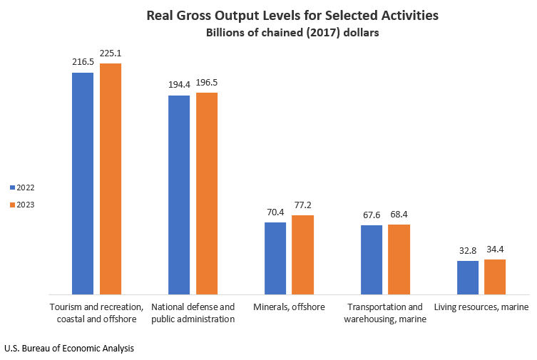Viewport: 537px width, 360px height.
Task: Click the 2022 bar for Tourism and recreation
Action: (x=82, y=183)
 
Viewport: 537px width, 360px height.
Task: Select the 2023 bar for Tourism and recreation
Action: (x=111, y=178)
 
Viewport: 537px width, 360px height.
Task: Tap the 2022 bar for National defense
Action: (x=178, y=195)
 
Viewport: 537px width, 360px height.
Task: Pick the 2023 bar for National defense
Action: (x=207, y=193)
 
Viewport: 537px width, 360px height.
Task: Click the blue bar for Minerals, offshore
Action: (x=275, y=258)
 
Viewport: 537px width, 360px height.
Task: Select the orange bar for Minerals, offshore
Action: (x=303, y=254)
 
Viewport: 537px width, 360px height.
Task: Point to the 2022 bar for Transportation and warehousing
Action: (x=371, y=259)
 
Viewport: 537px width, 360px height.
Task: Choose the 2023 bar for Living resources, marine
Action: (x=495, y=277)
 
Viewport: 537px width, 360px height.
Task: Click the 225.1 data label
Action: (x=111, y=52)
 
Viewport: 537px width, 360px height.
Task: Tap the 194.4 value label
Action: (x=178, y=84)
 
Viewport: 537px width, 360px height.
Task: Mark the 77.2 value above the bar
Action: (x=303, y=205)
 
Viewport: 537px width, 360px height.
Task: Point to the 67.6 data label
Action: (x=371, y=214)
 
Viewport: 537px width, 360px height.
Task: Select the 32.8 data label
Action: (x=467, y=250)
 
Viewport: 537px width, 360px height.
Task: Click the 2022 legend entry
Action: (x=22, y=187)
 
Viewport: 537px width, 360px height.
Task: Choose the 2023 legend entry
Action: (x=22, y=205)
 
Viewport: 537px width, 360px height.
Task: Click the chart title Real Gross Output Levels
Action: (x=292, y=15)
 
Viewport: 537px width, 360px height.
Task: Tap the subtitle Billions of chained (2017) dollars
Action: (x=292, y=33)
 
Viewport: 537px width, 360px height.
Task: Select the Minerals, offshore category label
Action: (x=289, y=307)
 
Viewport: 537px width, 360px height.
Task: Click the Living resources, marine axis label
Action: (x=481, y=307)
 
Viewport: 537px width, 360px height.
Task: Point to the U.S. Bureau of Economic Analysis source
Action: (x=68, y=349)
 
